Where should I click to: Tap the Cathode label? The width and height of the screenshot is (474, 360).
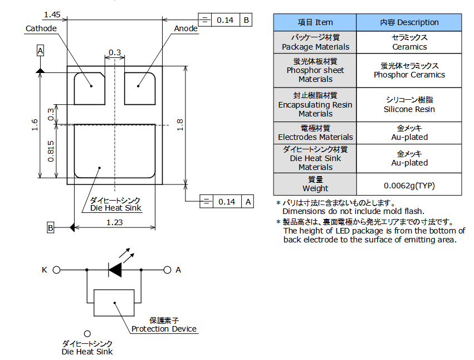coord(41,28)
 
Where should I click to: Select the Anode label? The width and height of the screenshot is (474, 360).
coord(185,28)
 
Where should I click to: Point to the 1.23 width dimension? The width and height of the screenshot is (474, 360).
coord(114,222)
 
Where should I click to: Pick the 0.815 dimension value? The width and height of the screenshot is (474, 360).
coord(51,151)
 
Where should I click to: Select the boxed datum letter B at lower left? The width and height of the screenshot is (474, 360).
coord(50,227)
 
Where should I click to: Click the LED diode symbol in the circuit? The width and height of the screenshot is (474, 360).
coord(115,270)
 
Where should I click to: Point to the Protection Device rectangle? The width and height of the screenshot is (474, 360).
coord(114,303)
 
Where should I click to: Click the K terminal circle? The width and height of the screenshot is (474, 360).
coord(56,270)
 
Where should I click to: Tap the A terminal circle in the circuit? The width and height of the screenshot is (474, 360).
coord(167,270)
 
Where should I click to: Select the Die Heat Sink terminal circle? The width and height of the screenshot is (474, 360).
coord(87,333)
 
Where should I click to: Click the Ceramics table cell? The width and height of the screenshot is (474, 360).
coord(409,42)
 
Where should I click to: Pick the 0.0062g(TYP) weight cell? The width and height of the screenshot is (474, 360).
coord(409,185)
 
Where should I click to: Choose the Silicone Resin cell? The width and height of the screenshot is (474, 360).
coord(409,105)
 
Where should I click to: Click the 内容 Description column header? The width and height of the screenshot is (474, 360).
coord(409,22)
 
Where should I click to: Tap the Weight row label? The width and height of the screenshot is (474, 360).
coord(315,184)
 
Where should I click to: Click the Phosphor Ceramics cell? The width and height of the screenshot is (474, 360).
coord(409,70)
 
